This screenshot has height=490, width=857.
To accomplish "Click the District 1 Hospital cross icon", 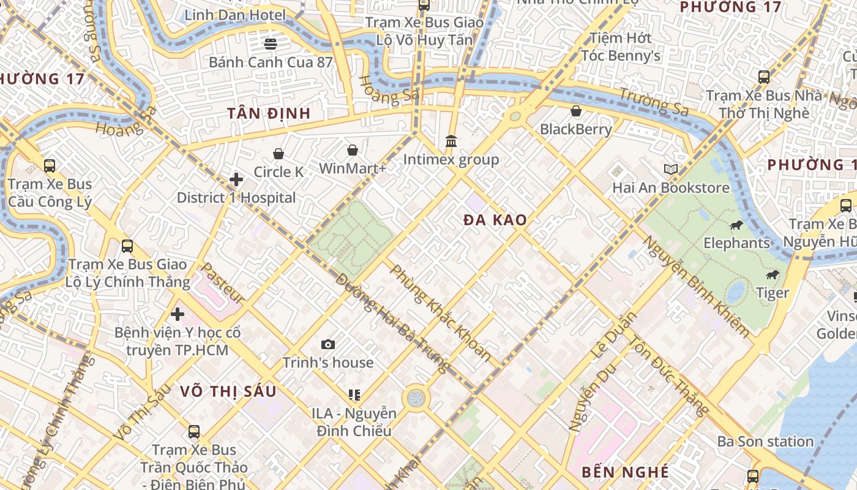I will (236, 179).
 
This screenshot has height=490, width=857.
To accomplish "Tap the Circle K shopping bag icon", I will (279, 153).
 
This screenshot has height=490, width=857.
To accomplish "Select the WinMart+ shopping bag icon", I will (353, 149).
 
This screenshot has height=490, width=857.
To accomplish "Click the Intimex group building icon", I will (451, 141).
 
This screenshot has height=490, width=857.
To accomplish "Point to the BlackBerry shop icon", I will (576, 111).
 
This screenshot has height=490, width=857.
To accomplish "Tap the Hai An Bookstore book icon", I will (671, 169).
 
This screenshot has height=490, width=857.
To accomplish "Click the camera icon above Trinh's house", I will (328, 344).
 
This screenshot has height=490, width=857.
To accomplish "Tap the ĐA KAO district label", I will (495, 220).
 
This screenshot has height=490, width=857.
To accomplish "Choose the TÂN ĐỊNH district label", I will (269, 113).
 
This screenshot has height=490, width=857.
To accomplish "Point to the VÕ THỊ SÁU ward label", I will (228, 391).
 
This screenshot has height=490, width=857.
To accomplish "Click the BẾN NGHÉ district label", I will (625, 472).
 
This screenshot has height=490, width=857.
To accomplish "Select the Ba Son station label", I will (765, 441).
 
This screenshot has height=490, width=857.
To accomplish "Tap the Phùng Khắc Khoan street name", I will (441, 312).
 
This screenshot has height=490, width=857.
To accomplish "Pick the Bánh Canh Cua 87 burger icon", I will (271, 43).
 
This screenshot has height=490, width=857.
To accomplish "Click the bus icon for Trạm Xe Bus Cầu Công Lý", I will (50, 165).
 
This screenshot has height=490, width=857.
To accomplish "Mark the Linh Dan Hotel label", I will (235, 15).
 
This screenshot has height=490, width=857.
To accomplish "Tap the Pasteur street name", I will (223, 283).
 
